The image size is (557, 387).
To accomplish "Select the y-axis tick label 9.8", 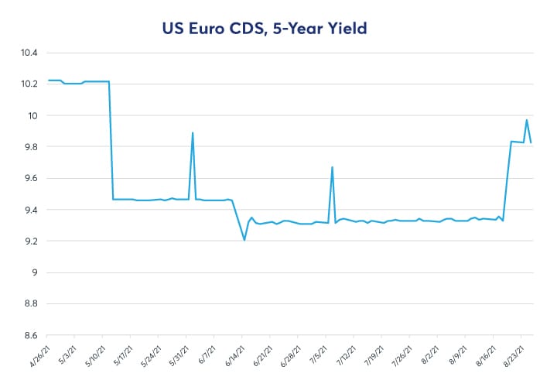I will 30,147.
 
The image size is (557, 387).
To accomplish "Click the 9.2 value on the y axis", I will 30,241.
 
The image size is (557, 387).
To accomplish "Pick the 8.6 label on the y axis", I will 30,336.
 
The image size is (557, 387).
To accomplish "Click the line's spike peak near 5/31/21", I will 193,133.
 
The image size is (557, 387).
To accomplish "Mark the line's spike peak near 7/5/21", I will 332,167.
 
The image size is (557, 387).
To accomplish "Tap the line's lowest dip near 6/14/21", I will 244,240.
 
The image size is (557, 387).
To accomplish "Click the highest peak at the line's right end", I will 527,120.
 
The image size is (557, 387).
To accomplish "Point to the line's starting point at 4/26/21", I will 49,80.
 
